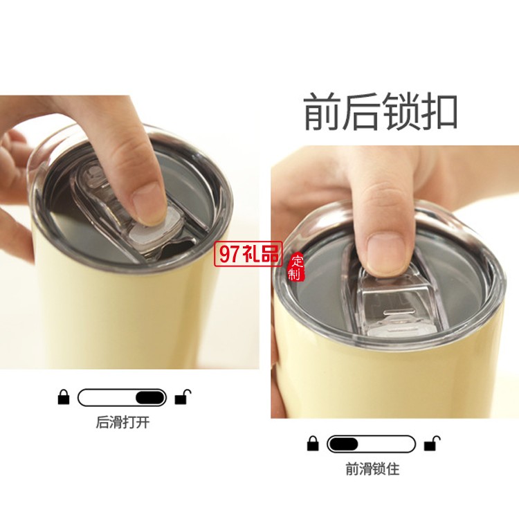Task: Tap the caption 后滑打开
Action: tap(122, 423)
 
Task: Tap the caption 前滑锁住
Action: tap(372, 469)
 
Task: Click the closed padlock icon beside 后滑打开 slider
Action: tap(64, 397)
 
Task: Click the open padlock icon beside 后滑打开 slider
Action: tap(183, 397)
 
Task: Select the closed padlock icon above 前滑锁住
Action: tap(313, 444)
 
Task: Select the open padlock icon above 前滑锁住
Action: tap(432, 443)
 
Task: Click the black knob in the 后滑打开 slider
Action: tap(150, 397)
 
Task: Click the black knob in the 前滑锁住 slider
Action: tap(344, 444)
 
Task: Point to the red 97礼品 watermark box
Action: tap(248, 254)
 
